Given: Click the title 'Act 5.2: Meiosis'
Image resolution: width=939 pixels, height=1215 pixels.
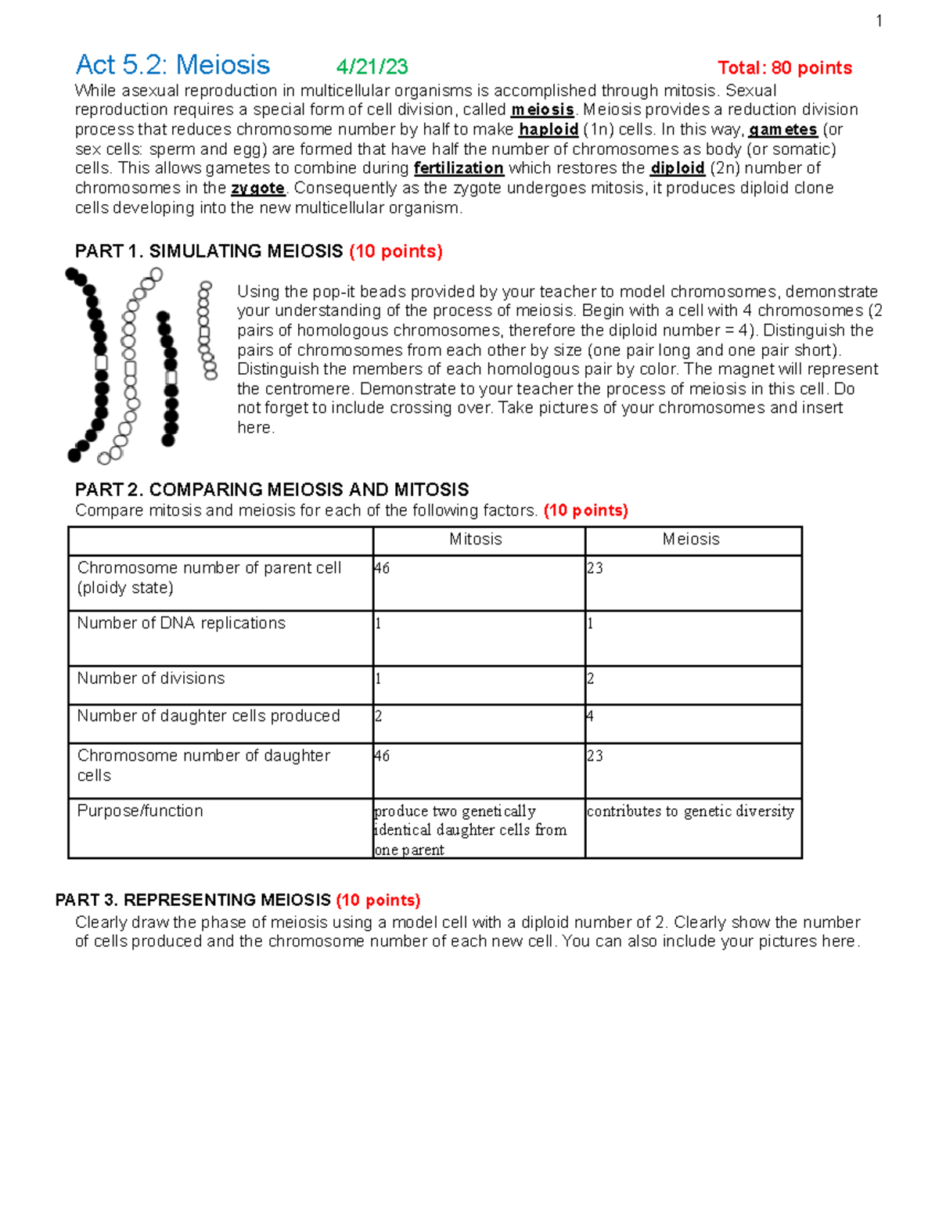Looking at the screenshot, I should pos(172,65).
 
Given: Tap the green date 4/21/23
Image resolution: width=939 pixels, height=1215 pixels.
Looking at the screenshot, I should pos(372,67).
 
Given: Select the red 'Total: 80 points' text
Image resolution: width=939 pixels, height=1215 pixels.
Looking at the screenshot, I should pos(784,68).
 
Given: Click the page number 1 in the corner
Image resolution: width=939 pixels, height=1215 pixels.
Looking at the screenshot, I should pos(879,22).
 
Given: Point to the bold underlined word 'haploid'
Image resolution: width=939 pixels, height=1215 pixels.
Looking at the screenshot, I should pos(549,130).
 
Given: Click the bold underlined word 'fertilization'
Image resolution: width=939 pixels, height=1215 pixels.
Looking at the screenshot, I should pos(459,168).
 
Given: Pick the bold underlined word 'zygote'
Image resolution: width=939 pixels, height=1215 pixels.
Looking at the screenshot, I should pos(258,189).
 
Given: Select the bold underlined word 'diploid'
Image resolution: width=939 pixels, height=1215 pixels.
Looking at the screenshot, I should pos(678,168).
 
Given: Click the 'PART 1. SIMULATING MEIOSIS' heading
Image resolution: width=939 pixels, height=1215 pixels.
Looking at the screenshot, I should pos(209,251).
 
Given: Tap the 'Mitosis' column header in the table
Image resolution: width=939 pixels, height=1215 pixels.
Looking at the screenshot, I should pos(476,539).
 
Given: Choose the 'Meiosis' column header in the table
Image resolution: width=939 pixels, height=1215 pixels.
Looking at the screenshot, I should pos(691,539).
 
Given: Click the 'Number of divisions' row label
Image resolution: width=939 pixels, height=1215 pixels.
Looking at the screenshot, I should pos(151,678).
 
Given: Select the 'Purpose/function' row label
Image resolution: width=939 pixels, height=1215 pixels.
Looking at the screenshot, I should pos(140,811).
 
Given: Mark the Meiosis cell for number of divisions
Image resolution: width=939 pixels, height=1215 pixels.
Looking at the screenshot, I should pos(693,685).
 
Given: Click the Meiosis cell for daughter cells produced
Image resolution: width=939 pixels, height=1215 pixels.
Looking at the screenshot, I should pos(693,723).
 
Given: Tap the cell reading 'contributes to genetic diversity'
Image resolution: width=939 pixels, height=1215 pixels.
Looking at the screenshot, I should pos(690,811).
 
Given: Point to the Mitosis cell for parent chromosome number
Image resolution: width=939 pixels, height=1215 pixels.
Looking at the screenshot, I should pos(478,582).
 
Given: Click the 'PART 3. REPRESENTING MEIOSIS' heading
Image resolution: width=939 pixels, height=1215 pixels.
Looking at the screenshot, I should pos(193,900).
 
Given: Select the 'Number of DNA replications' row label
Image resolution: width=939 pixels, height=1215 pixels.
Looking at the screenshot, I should pos(182,624).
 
